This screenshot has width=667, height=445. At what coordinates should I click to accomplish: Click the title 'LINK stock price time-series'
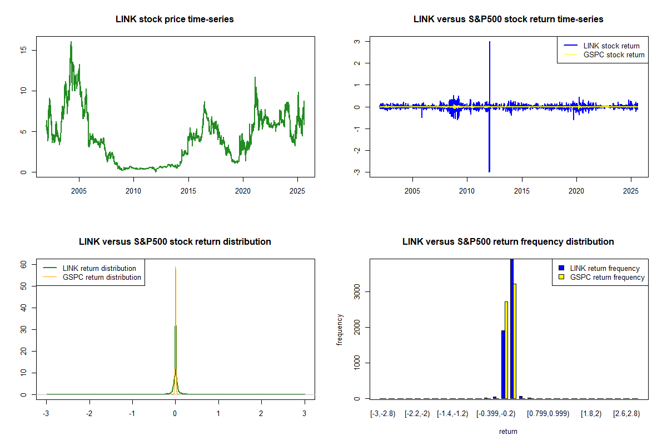175,19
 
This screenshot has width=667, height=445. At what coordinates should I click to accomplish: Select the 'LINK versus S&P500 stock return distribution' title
175,242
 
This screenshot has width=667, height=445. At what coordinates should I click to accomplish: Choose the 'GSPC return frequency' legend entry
607,278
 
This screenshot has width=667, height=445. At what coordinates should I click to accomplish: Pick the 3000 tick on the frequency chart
360,291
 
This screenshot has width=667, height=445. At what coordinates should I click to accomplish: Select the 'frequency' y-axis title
341,329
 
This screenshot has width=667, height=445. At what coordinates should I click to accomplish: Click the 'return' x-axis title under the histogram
508,431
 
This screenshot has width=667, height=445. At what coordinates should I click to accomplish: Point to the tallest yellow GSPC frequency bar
515,341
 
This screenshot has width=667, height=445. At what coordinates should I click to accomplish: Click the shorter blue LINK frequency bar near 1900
503,364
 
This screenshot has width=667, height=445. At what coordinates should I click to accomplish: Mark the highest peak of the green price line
71,42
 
